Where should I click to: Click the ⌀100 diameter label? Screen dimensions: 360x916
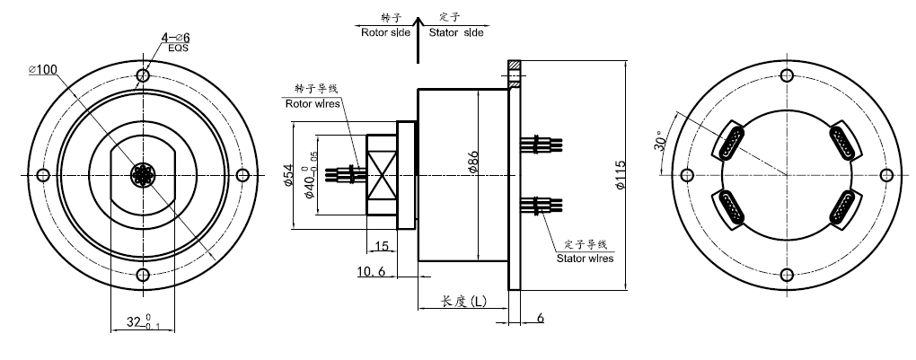(42, 69)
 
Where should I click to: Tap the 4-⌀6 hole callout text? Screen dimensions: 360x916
(176, 38)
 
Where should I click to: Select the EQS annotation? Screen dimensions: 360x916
(177, 50)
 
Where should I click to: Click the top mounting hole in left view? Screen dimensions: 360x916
(142, 75)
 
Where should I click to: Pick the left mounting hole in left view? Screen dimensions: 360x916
(41, 175)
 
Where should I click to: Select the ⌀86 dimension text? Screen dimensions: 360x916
(472, 161)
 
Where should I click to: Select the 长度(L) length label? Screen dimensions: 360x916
(463, 302)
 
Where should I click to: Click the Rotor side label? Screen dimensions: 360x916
(385, 32)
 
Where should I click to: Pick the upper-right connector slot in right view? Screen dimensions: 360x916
(841, 140)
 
